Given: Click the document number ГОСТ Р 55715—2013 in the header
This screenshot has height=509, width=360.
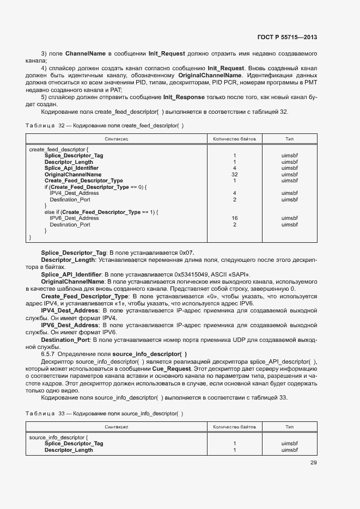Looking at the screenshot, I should (286, 37).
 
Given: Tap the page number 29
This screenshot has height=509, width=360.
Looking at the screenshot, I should (313, 463).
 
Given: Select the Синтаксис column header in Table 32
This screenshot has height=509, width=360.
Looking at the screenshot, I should (117, 139).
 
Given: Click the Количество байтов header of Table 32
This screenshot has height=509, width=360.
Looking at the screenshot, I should (234, 139).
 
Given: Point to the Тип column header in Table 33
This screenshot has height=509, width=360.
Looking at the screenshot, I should (290, 427).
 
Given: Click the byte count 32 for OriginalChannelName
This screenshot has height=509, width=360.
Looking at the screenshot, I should (234, 174).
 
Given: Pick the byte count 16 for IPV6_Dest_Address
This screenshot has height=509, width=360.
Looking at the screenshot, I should (234, 218).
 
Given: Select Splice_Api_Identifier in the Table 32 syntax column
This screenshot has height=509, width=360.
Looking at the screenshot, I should (71, 168).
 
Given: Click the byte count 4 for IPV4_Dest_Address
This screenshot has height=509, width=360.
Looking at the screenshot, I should (234, 193).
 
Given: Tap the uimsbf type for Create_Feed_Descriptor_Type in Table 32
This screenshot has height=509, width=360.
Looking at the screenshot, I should (290, 181).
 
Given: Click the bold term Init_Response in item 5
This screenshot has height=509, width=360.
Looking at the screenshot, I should (184, 97).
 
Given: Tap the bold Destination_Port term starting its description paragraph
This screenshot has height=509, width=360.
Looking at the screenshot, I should (65, 340).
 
